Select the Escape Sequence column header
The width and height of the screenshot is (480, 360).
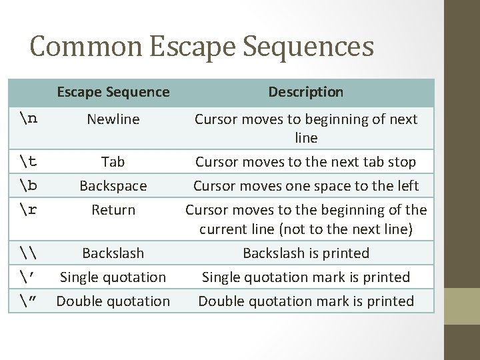tap(113, 92)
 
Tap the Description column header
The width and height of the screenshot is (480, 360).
tap(306, 92)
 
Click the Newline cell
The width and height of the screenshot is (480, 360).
tap(113, 119)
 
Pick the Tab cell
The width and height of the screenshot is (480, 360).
tap(113, 162)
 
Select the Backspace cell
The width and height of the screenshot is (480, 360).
tap(113, 185)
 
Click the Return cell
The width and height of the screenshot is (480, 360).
tap(113, 209)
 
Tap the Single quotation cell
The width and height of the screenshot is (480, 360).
tap(113, 277)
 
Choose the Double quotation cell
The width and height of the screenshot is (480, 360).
tap(113, 301)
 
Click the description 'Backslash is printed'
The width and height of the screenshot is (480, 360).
tap(306, 253)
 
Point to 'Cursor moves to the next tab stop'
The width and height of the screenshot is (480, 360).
tap(306, 162)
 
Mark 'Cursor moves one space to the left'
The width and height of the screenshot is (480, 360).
tap(306, 185)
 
